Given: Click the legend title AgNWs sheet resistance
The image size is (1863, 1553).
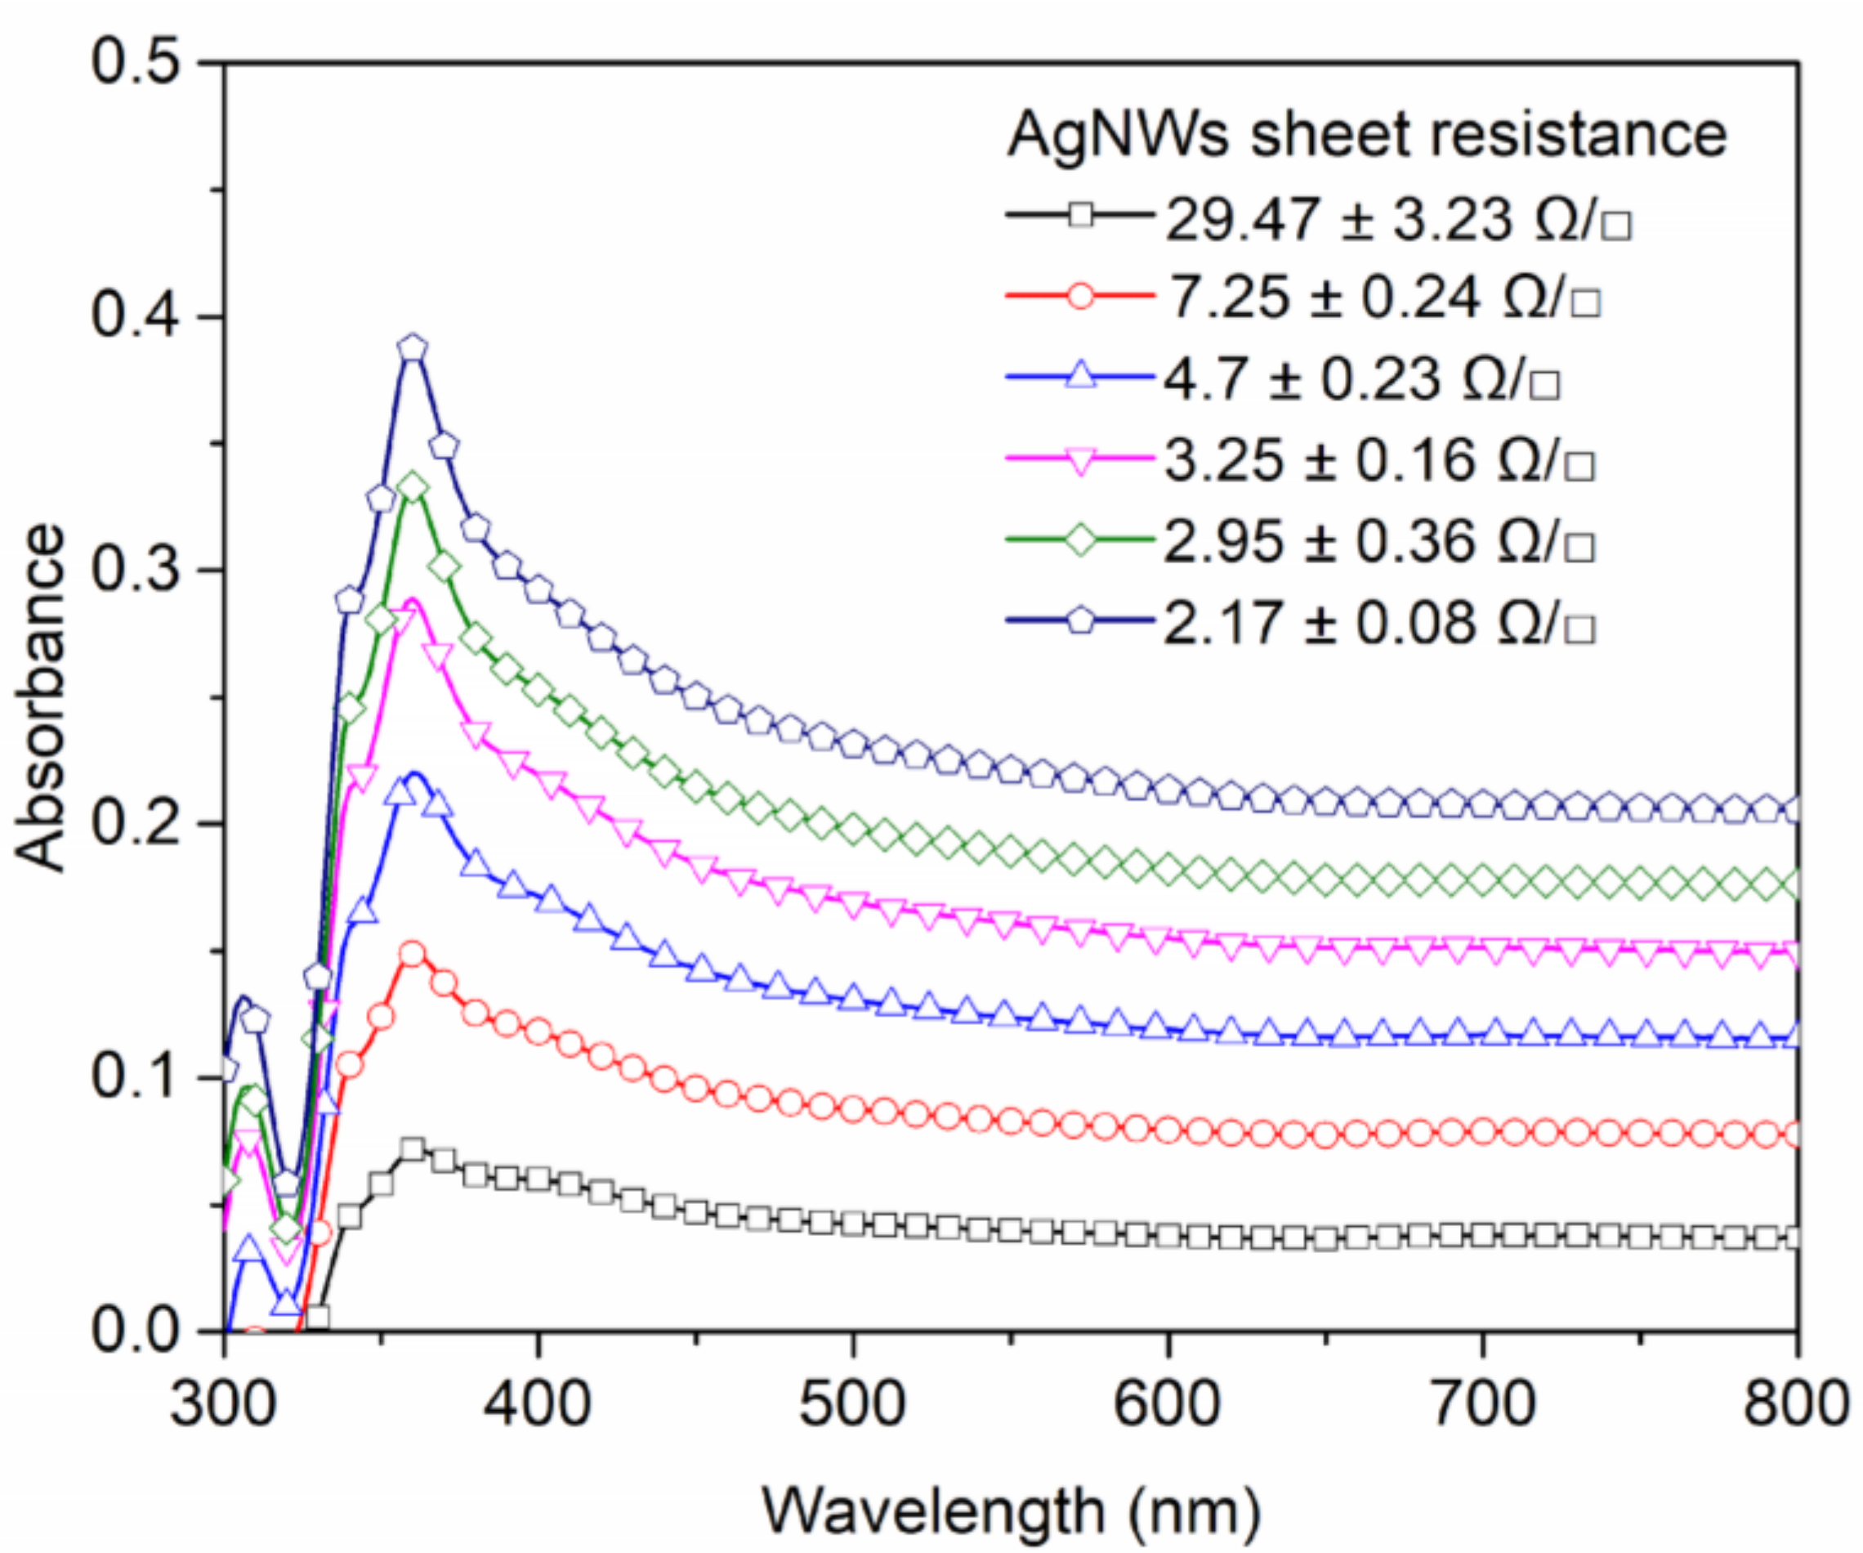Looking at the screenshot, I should point(1366,135).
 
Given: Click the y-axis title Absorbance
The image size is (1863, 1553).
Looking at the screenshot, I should point(40,696).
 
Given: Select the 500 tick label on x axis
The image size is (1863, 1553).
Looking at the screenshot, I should point(852,1405).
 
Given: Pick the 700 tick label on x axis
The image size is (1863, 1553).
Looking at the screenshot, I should point(1482,1405).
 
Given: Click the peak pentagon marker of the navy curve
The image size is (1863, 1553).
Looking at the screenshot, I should point(413,348).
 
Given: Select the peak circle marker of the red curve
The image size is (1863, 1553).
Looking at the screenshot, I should point(413,955).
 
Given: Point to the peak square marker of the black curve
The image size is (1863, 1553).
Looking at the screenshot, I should point(413,1151).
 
